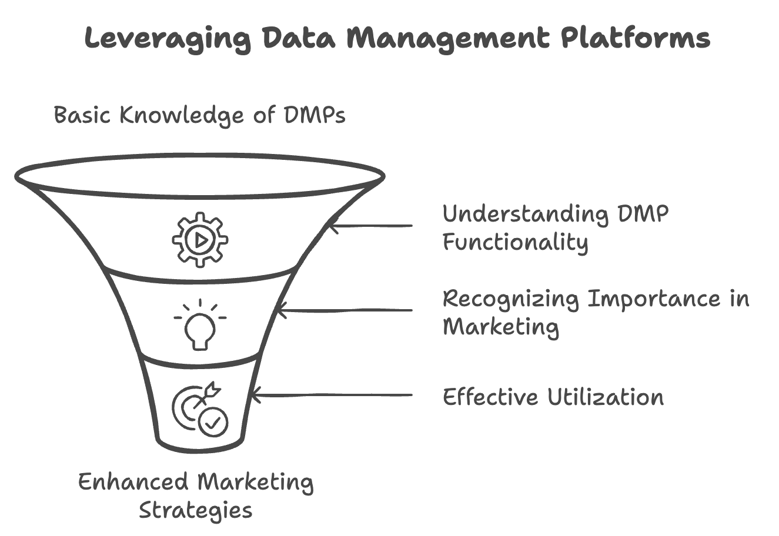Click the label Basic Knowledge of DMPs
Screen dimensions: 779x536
point(199,115)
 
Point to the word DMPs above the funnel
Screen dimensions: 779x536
point(315,115)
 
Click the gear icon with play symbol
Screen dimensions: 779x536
point(200,239)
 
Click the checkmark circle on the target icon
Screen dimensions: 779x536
point(213,421)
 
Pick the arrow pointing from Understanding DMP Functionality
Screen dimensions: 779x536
point(370,225)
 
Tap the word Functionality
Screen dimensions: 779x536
point(515,242)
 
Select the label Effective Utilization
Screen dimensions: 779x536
point(553,397)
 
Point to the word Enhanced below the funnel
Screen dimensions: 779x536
point(133,482)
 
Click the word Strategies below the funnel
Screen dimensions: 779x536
point(196,510)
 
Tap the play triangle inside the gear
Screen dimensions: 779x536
point(200,239)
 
